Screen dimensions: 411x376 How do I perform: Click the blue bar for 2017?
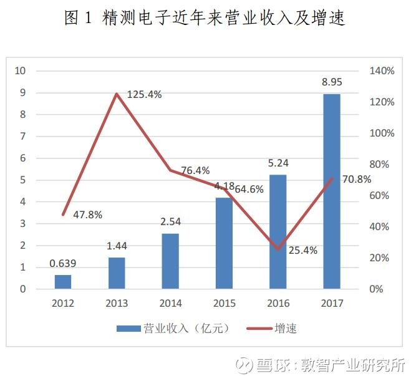[332, 191]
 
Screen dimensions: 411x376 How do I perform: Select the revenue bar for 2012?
[63, 282]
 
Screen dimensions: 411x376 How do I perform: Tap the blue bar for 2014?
[170, 261]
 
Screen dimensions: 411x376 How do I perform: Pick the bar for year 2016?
[278, 232]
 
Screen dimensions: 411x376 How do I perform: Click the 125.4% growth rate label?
[144, 94]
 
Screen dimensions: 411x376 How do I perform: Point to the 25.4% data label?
[303, 250]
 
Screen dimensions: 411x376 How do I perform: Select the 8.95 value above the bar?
[332, 82]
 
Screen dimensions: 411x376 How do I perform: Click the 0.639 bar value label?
[62, 263]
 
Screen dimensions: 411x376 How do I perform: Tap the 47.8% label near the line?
[87, 215]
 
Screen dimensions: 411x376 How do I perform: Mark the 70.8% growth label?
[357, 180]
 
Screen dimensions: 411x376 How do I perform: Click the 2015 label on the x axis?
[225, 303]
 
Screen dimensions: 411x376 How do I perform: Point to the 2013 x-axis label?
[117, 303]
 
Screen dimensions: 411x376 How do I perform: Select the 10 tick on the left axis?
[20, 70]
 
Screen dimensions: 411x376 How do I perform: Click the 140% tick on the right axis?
[382, 70]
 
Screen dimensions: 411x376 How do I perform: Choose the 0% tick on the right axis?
[376, 289]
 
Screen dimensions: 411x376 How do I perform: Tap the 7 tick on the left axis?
[23, 137]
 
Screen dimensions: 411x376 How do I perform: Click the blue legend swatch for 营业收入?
[128, 329]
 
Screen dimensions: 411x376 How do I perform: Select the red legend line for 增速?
[259, 329]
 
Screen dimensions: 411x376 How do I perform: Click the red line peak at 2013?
[117, 94]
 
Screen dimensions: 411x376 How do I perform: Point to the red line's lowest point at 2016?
[278, 249]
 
